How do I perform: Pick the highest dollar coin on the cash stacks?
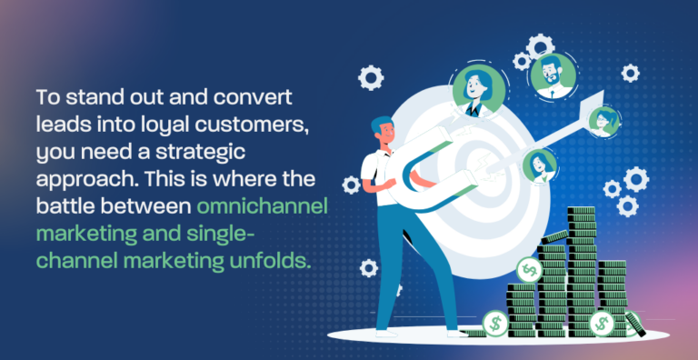(x=528, y=270)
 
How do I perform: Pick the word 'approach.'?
(x=76, y=179)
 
